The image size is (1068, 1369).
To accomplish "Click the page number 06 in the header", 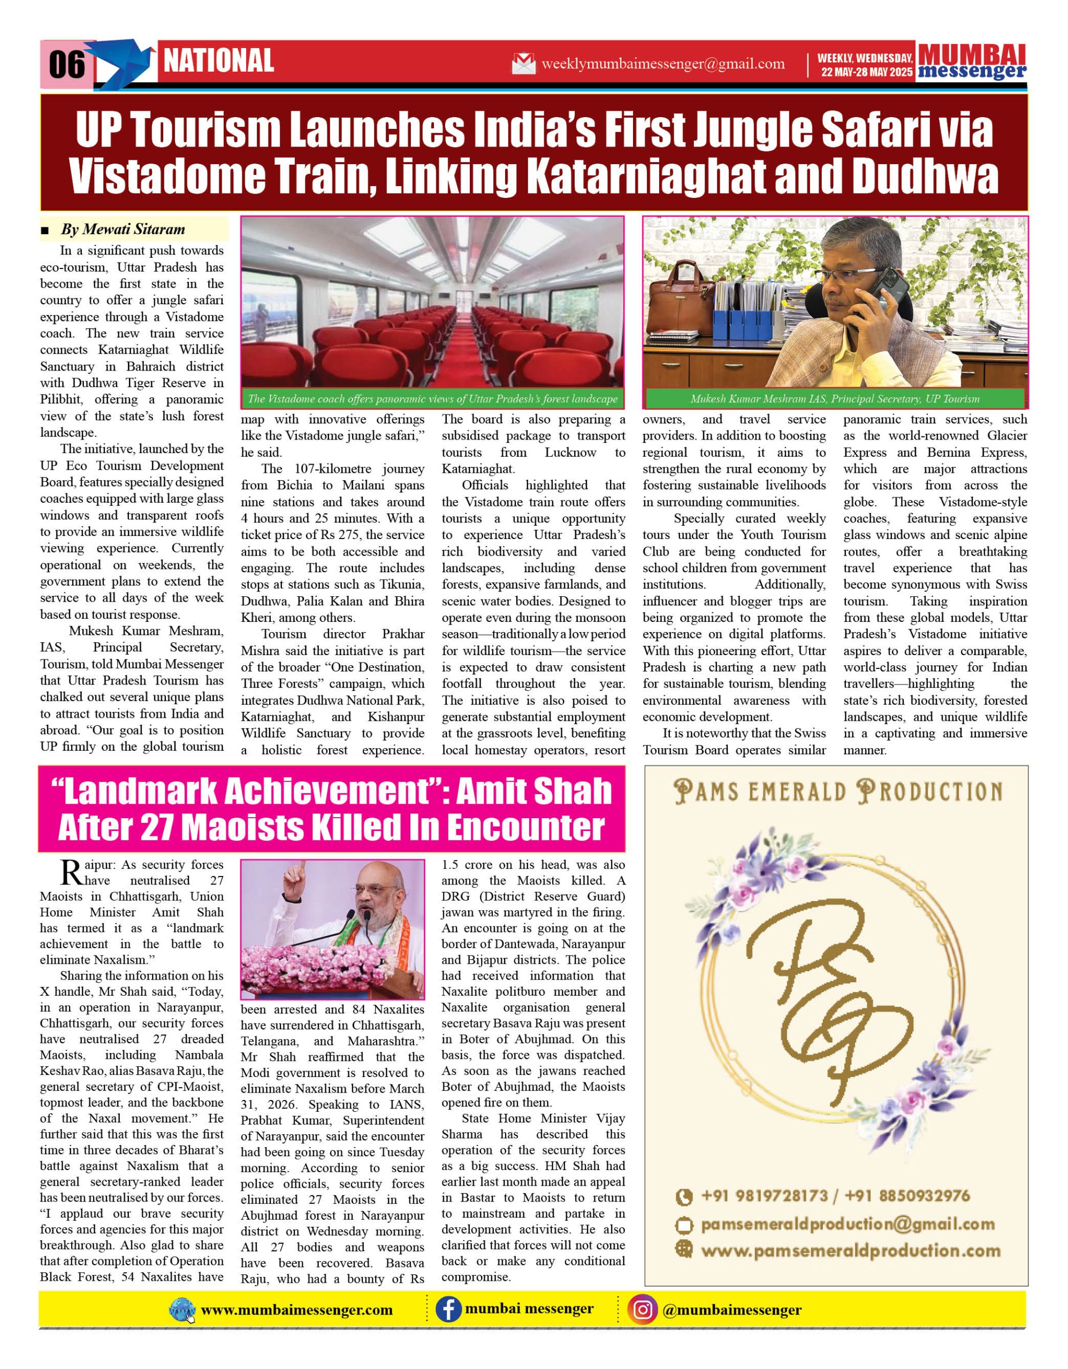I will [x=66, y=64].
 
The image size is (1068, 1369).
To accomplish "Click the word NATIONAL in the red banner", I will [x=218, y=61].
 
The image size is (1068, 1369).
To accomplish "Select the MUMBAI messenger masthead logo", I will [x=972, y=62].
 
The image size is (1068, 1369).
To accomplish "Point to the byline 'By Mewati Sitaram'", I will [x=123, y=229].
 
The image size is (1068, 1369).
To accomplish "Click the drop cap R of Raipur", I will [x=72, y=873].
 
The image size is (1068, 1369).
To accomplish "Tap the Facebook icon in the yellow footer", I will [x=448, y=1310].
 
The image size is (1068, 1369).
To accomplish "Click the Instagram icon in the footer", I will [x=642, y=1310].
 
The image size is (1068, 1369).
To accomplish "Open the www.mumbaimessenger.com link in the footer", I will [x=296, y=1310].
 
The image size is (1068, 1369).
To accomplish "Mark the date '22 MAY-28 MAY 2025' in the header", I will [x=867, y=72].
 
